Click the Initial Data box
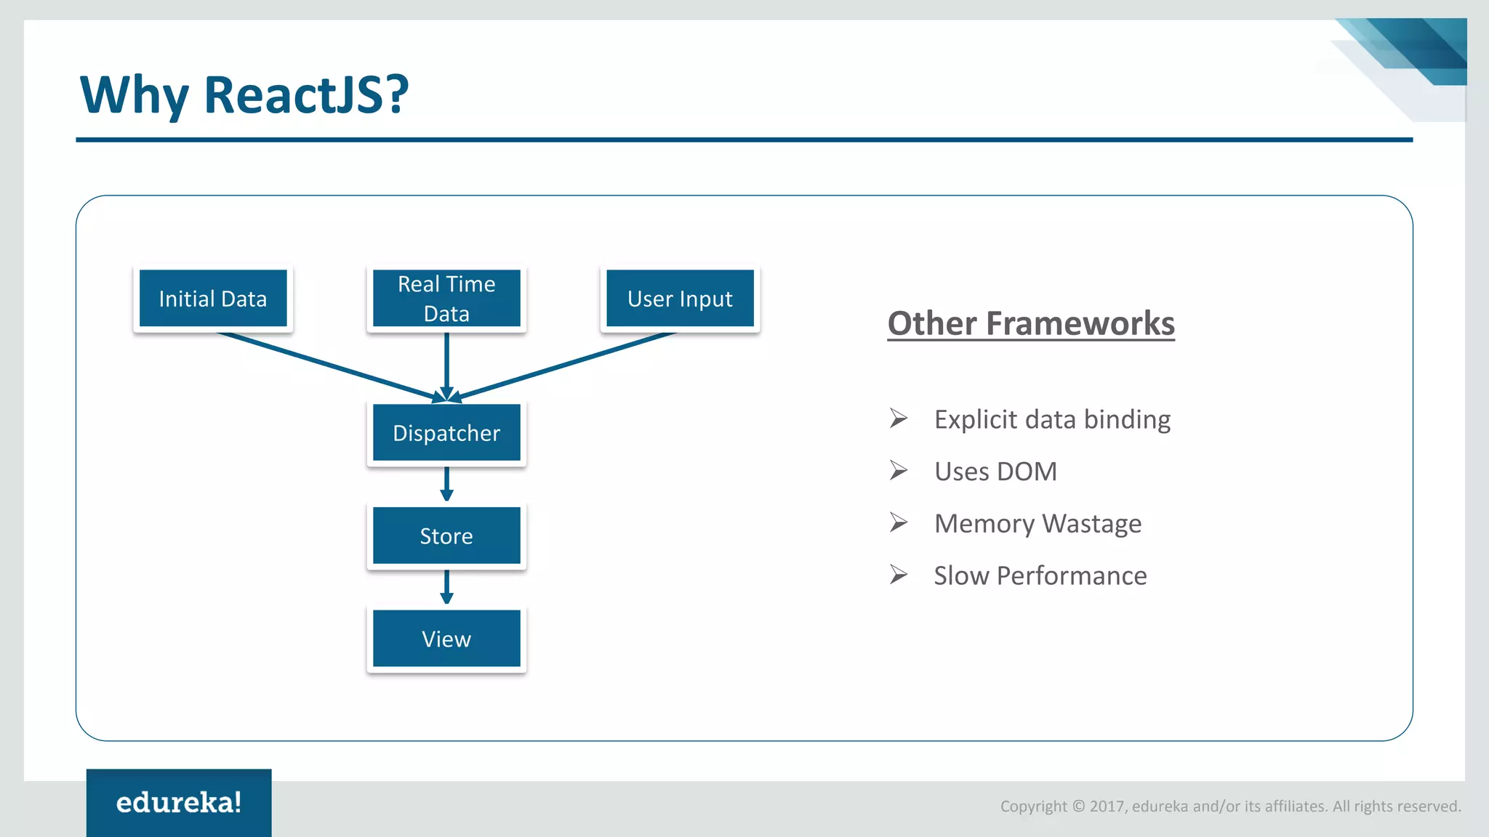click(213, 299)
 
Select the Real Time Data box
click(446, 299)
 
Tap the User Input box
click(681, 299)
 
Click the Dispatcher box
click(446, 433)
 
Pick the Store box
click(446, 536)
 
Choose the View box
click(446, 639)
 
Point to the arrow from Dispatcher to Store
click(446, 484)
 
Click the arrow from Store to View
click(446, 587)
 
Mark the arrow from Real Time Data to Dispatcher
click(446, 367)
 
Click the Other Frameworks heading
click(1031, 324)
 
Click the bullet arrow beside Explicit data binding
click(899, 418)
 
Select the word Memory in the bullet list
click(984, 525)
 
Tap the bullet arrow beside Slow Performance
click(899, 575)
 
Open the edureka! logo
click(179, 803)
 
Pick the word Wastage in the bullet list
click(1091, 525)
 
